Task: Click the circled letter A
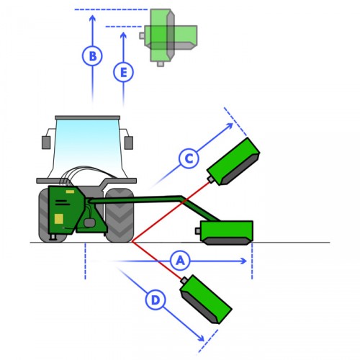(180, 261)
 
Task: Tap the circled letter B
(92, 56)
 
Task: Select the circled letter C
(189, 158)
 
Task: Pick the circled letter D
(156, 300)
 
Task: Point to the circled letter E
(123, 72)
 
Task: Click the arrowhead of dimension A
(244, 261)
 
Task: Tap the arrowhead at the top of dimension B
(92, 18)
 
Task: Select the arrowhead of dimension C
(230, 126)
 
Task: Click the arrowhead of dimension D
(201, 338)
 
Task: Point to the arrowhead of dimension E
(123, 35)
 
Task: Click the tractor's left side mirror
(46, 143)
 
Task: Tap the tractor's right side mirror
(129, 143)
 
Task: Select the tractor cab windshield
(87, 149)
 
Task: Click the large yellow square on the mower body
(59, 219)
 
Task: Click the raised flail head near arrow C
(233, 162)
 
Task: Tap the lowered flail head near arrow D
(206, 300)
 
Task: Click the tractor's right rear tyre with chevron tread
(120, 215)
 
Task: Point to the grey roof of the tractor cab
(88, 117)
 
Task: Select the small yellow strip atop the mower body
(70, 192)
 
